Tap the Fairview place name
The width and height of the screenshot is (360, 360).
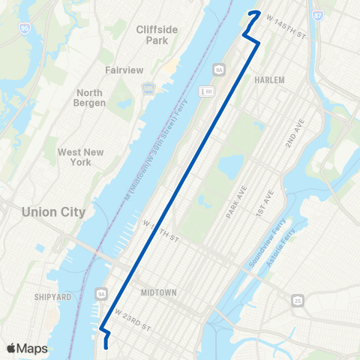(119, 69)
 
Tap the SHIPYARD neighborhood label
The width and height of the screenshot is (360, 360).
(52, 297)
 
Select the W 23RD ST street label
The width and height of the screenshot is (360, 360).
(133, 319)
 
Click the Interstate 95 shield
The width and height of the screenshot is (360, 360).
(25, 27)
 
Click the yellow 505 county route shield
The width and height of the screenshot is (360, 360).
(148, 88)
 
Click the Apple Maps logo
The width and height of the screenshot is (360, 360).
(26, 348)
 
